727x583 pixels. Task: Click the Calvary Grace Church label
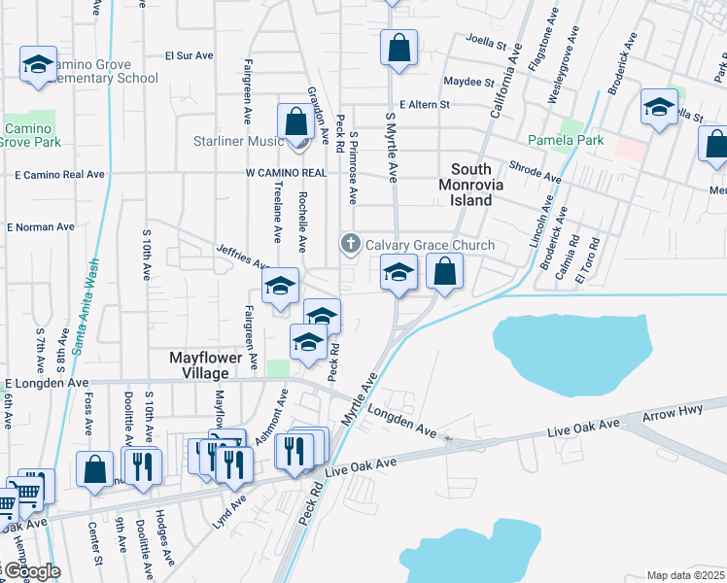point(430,245)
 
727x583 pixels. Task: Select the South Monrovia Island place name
point(478,184)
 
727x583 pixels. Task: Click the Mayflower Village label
point(213,365)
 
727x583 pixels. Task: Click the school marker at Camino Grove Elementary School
point(38,65)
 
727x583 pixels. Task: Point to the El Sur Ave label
point(189,55)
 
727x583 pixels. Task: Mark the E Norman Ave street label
point(41,226)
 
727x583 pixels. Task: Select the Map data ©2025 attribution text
point(685,575)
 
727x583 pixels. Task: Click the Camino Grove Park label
point(32,135)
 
